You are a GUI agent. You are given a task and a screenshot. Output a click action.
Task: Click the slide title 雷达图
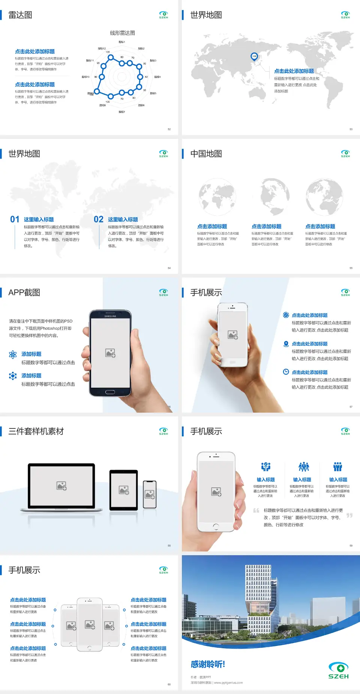point(20,15)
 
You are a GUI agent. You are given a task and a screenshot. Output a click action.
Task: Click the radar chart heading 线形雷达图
point(122,33)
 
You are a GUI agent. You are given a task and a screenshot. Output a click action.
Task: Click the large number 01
point(15,219)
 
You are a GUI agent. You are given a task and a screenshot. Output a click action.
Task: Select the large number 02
point(99,219)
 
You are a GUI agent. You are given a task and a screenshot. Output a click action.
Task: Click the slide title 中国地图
point(206,154)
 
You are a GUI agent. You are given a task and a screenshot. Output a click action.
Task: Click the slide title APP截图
point(24,293)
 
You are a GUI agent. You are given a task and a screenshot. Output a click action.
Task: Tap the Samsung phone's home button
point(110,392)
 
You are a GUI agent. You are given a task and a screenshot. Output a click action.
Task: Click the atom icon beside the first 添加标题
point(13,355)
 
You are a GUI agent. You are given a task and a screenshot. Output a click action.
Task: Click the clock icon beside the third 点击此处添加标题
point(286,372)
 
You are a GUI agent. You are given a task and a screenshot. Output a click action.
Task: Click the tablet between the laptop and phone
point(124,490)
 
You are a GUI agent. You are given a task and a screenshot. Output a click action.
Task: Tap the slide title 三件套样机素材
point(36,431)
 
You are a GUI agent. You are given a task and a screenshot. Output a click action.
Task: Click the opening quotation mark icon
point(256,510)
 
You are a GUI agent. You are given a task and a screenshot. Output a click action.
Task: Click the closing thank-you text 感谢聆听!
point(208,664)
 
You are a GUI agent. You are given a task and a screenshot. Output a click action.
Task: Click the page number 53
point(351,129)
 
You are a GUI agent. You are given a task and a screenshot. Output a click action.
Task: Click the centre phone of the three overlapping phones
point(90,625)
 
